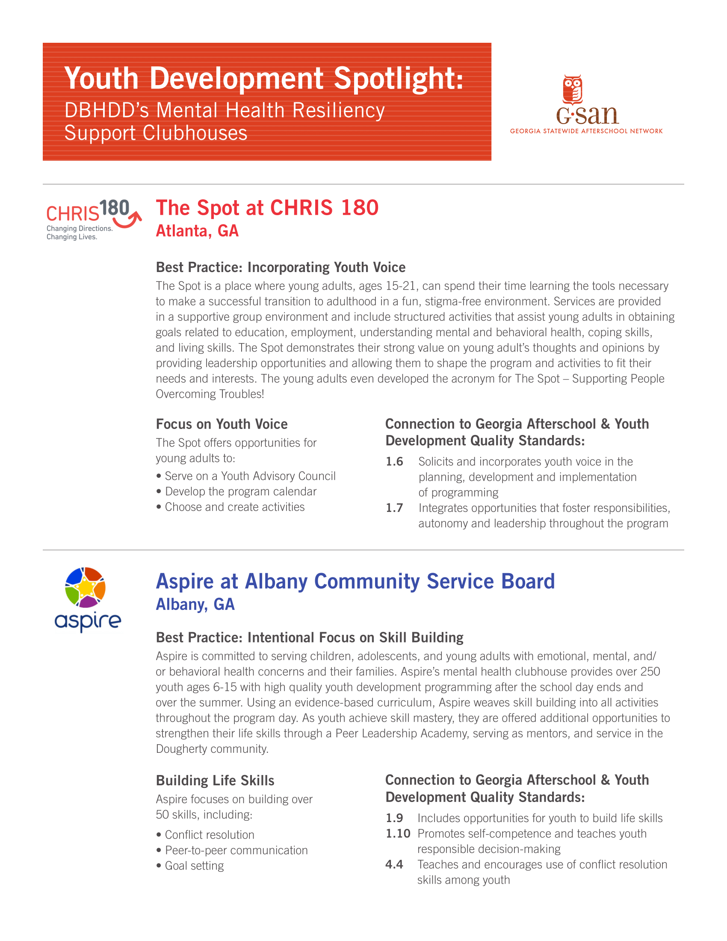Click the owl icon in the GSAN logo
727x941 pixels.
[x=572, y=90]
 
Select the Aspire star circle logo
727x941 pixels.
[x=85, y=587]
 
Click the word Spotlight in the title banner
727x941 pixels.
[x=398, y=78]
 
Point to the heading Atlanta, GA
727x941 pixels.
[x=197, y=231]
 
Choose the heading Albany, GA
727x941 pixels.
[x=195, y=604]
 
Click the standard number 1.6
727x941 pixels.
[x=394, y=462]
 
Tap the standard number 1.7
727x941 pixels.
[x=394, y=508]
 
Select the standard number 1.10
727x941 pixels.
[x=398, y=834]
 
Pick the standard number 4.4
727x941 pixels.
[x=394, y=865]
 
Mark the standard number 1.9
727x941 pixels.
[x=394, y=818]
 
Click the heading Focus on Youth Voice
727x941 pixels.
[x=222, y=424]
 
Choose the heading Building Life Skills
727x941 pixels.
[x=215, y=781]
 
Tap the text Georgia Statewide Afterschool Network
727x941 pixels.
[x=586, y=131]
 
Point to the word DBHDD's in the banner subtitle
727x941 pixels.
[x=107, y=111]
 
